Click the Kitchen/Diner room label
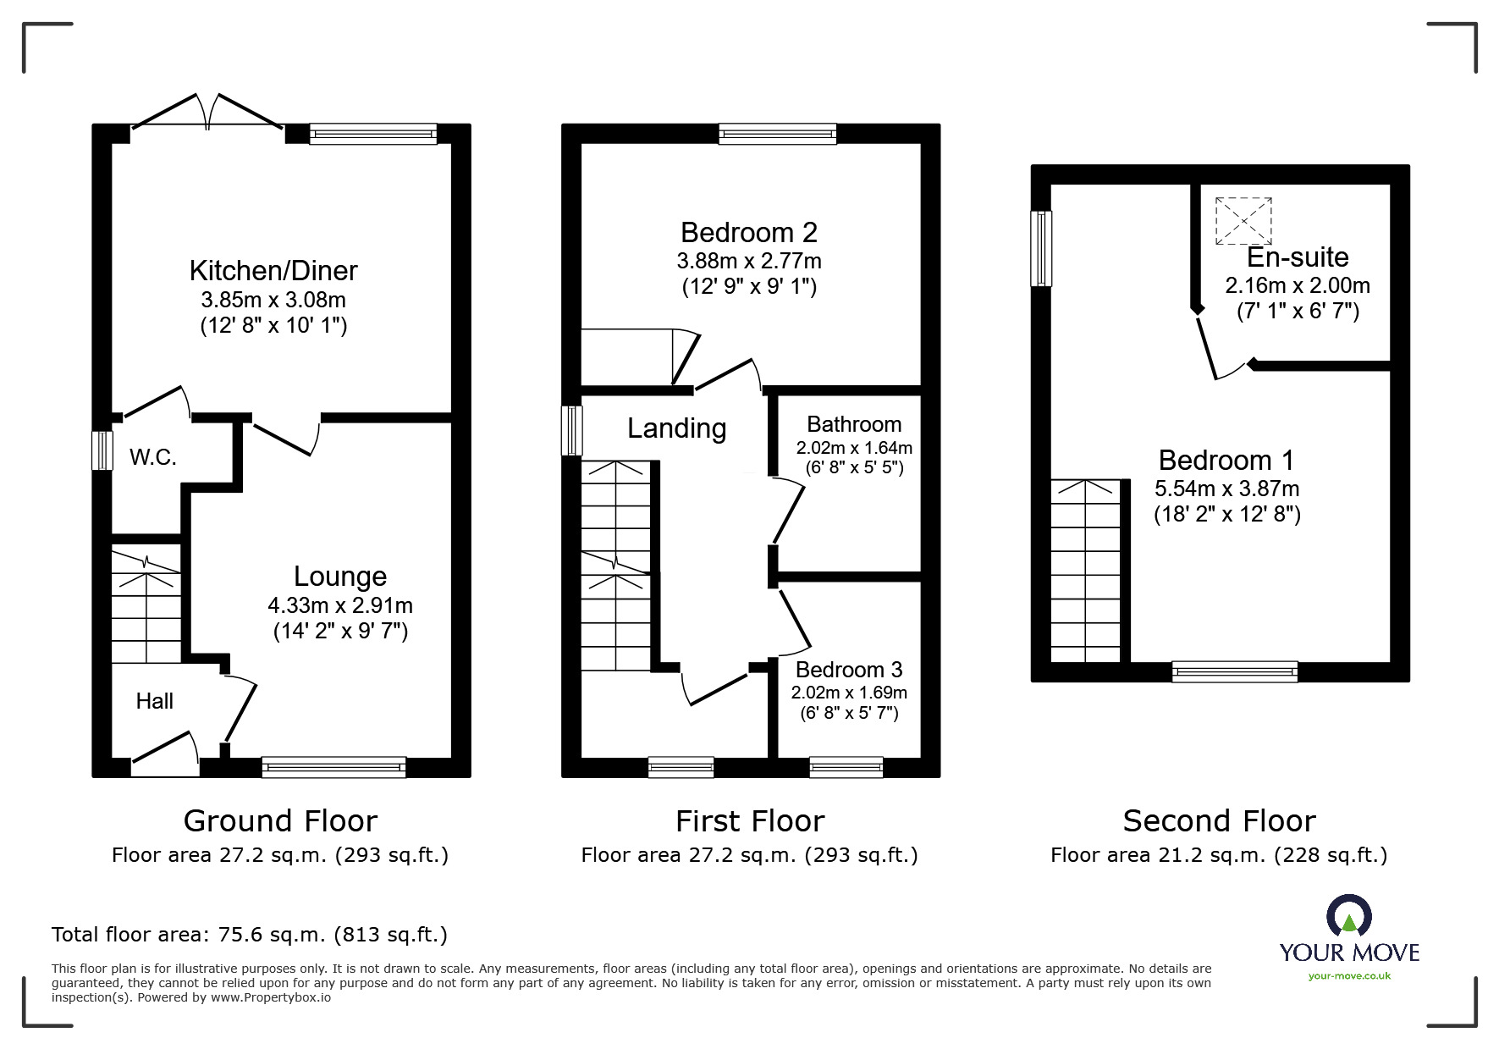(x=273, y=271)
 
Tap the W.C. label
(x=153, y=458)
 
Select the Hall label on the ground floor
(x=155, y=701)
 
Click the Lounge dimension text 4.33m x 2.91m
(x=340, y=605)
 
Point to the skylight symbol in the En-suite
(x=1243, y=221)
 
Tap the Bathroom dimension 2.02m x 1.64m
(x=853, y=448)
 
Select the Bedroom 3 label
(x=849, y=670)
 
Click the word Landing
(x=676, y=428)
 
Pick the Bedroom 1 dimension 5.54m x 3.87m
(x=1226, y=489)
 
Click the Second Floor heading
(x=1219, y=820)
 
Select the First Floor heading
(x=749, y=820)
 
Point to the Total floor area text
(x=250, y=935)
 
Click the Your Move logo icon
(x=1348, y=916)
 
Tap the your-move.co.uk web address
(x=1349, y=976)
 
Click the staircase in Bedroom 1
(x=1085, y=571)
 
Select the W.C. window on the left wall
(x=102, y=450)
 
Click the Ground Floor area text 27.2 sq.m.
(x=280, y=855)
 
